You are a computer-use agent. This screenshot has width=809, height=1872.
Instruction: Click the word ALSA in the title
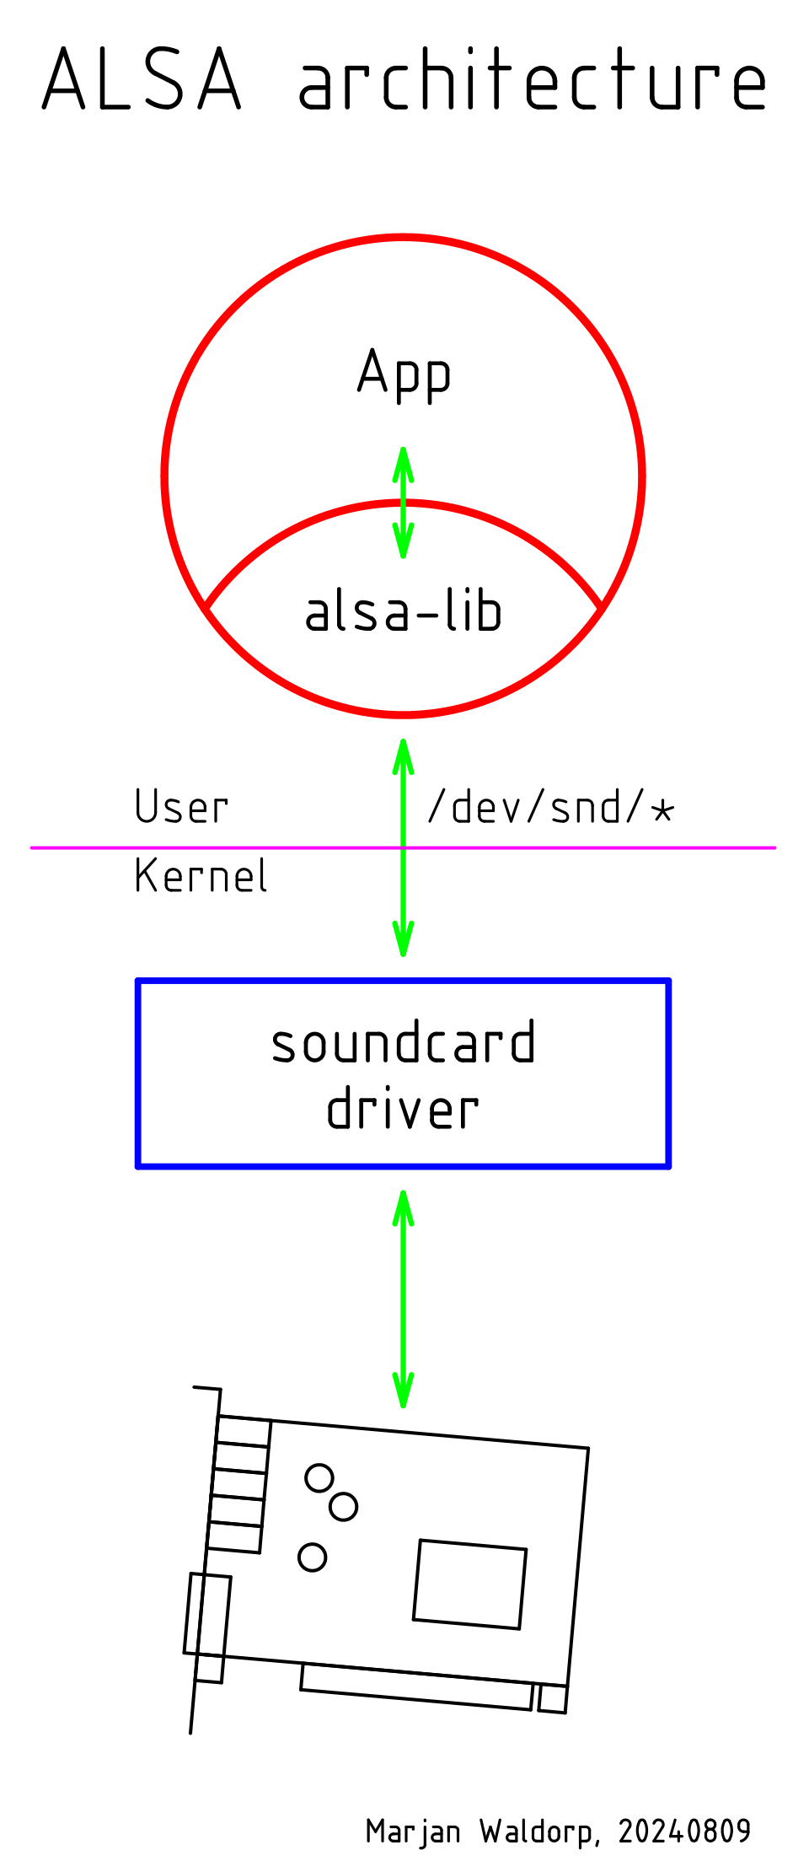[x=142, y=80]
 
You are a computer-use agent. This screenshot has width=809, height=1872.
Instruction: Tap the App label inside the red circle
[x=404, y=374]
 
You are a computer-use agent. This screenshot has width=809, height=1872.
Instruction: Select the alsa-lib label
[x=404, y=611]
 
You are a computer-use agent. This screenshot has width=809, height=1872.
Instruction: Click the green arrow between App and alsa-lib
[x=404, y=503]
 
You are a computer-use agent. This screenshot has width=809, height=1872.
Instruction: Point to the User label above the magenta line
[x=181, y=808]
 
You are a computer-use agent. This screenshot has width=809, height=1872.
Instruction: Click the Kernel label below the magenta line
[x=201, y=876]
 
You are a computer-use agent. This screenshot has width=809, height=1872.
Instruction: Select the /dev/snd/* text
[x=551, y=808]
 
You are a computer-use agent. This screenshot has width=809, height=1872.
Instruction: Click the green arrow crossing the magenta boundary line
[x=404, y=847]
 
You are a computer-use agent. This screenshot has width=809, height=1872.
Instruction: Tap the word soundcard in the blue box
[x=404, y=1043]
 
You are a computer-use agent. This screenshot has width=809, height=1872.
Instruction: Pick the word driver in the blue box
[x=404, y=1109]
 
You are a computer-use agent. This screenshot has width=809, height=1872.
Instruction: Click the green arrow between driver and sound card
[x=404, y=1299]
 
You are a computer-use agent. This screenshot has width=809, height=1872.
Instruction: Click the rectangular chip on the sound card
[x=469, y=1584]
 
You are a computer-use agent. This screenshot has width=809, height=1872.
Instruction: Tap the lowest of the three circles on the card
[x=313, y=1557]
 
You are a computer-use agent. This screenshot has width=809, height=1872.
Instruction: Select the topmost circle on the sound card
[x=319, y=1477]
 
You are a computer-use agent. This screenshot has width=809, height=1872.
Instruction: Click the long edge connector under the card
[x=417, y=1686]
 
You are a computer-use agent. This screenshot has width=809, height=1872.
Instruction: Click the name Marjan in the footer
[x=413, y=1832]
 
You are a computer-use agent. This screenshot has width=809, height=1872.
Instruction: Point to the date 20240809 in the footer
[x=684, y=1832]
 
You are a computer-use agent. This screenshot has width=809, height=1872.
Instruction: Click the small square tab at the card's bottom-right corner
[x=553, y=1698]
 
